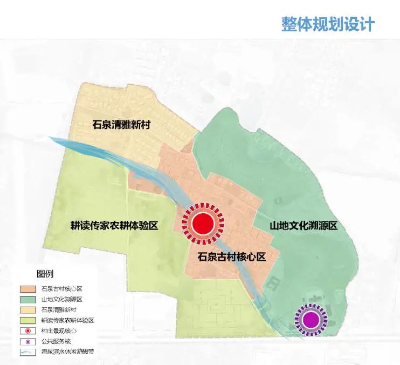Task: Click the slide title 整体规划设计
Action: pyautogui.click(x=328, y=24)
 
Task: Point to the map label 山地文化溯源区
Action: pyautogui.click(x=304, y=225)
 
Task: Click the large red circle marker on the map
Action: pyautogui.click(x=203, y=222)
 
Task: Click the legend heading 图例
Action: pyautogui.click(x=45, y=273)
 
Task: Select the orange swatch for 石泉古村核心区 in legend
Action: pyautogui.click(x=27, y=289)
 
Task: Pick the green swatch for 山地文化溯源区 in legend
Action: pyautogui.click(x=27, y=299)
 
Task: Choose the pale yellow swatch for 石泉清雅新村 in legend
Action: pyautogui.click(x=27, y=310)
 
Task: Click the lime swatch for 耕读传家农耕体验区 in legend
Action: pyautogui.click(x=27, y=320)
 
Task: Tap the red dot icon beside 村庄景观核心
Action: pyautogui.click(x=27, y=330)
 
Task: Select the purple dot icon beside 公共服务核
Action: pyautogui.click(x=27, y=341)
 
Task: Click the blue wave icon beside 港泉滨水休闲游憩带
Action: pyautogui.click(x=27, y=352)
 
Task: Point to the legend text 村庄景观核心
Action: pyautogui.click(x=59, y=330)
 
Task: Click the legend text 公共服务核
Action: pyautogui.click(x=57, y=341)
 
